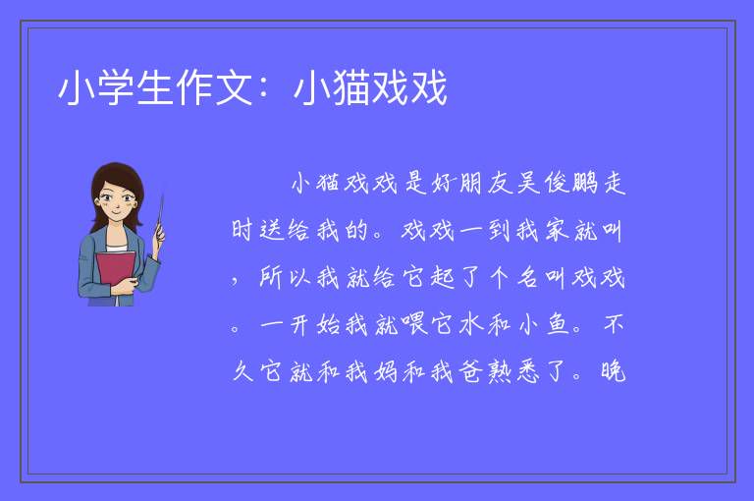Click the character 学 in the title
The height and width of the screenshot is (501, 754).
point(116,87)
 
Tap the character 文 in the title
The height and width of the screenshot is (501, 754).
point(235,87)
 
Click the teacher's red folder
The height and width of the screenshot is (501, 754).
point(115,273)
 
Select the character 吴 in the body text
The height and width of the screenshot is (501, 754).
point(528,183)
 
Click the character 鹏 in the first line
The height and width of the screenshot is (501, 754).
point(585,183)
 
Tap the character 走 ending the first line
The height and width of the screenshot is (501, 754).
point(614,183)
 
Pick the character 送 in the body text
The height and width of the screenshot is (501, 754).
point(272,230)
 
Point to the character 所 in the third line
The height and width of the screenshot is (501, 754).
point(272,278)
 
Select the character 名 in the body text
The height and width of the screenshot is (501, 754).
point(528,278)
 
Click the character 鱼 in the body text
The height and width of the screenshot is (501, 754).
point(557,325)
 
